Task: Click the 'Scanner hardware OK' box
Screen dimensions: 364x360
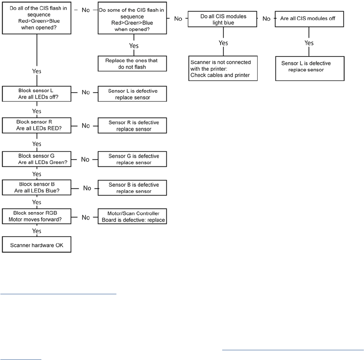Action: pyautogui.click(x=37, y=244)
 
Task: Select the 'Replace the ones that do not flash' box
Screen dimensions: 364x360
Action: pyautogui.click(x=132, y=64)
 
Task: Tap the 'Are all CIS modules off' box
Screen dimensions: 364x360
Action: pyautogui.click(x=309, y=19)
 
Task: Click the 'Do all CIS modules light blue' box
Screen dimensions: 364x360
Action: pyautogui.click(x=222, y=19)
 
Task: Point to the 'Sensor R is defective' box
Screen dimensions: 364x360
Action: pyautogui.click(x=132, y=125)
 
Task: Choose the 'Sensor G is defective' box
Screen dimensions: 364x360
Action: pyautogui.click(x=132, y=159)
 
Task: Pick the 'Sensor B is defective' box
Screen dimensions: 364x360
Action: pyautogui.click(x=132, y=188)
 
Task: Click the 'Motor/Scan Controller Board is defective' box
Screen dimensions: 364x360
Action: pyautogui.click(x=132, y=216)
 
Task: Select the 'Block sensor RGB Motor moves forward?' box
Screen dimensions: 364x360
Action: pyautogui.click(x=37, y=216)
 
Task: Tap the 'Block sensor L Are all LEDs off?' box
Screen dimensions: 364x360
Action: pyautogui.click(x=37, y=94)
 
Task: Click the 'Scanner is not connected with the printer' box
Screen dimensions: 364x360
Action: pyautogui.click(x=223, y=69)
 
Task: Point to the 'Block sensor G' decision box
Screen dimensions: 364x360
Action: pyautogui.click(x=37, y=159)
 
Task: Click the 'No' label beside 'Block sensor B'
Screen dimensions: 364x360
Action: pyautogui.click(x=87, y=188)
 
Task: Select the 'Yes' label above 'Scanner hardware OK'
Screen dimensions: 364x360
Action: pyautogui.click(x=37, y=231)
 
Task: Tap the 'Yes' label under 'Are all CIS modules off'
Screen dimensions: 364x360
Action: pyautogui.click(x=309, y=43)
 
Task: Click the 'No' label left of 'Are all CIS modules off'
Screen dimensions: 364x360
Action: pyautogui.click(x=266, y=19)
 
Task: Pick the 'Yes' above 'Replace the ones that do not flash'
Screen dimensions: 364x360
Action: pyautogui.click(x=134, y=46)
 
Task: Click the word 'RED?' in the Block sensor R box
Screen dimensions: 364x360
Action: pyautogui.click(x=54, y=128)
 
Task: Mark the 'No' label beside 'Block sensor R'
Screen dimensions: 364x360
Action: pyautogui.click(x=86, y=126)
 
